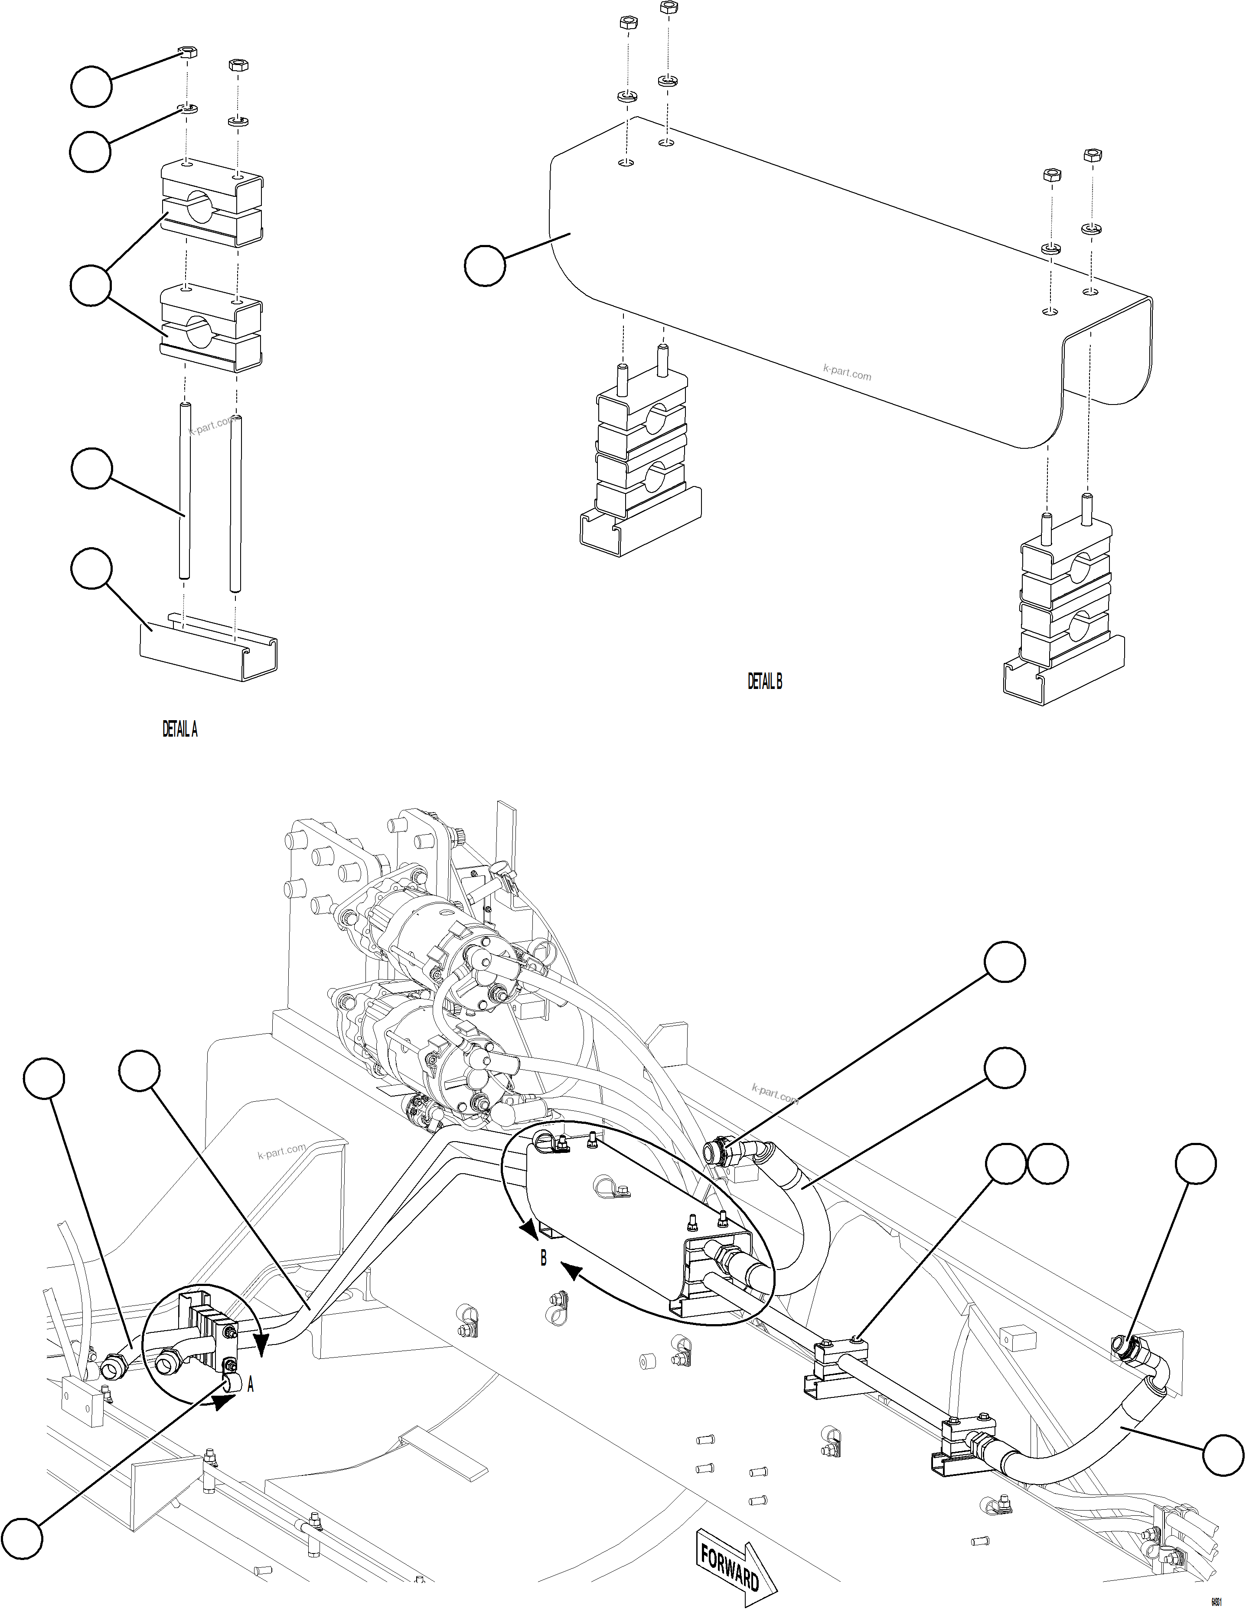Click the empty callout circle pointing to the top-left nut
[x=91, y=87]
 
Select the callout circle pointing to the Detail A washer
[x=90, y=152]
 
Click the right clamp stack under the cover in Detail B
[x=1064, y=615]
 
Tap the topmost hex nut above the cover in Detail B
[x=669, y=7]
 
